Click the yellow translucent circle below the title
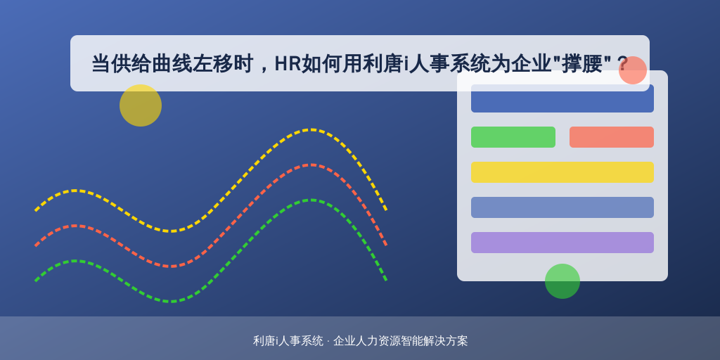(141, 105)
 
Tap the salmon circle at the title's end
(633, 70)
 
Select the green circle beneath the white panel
(562, 281)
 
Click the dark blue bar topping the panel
(562, 98)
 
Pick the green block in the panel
(513, 137)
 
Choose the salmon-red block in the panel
(612, 137)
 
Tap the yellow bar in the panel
(562, 172)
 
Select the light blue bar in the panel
(562, 207)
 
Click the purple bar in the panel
(562, 243)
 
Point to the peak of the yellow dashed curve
(311, 130)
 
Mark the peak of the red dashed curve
(311, 165)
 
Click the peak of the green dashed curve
(311, 200)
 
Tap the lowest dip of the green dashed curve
(171, 302)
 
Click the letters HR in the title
(288, 64)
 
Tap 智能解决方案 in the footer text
(434, 341)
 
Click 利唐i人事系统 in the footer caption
(288, 341)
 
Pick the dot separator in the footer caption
(328, 341)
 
